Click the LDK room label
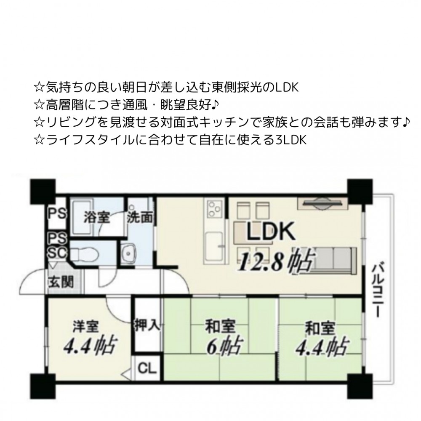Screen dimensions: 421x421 pos(271,231)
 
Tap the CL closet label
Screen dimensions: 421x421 pos(147,368)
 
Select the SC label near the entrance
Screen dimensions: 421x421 pos(57,253)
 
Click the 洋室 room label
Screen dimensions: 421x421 pos(86,326)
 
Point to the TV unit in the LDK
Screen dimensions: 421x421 pos(322,203)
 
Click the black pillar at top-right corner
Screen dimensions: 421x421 pos(360,192)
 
